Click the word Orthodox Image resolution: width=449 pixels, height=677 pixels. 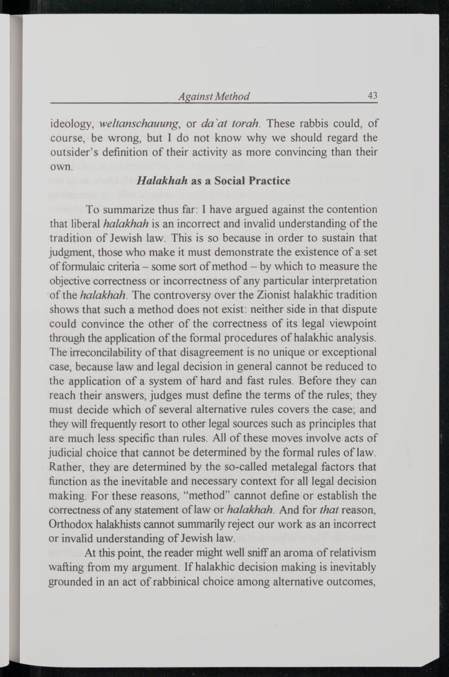[71, 524]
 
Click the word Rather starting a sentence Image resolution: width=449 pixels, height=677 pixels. [64, 467]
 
